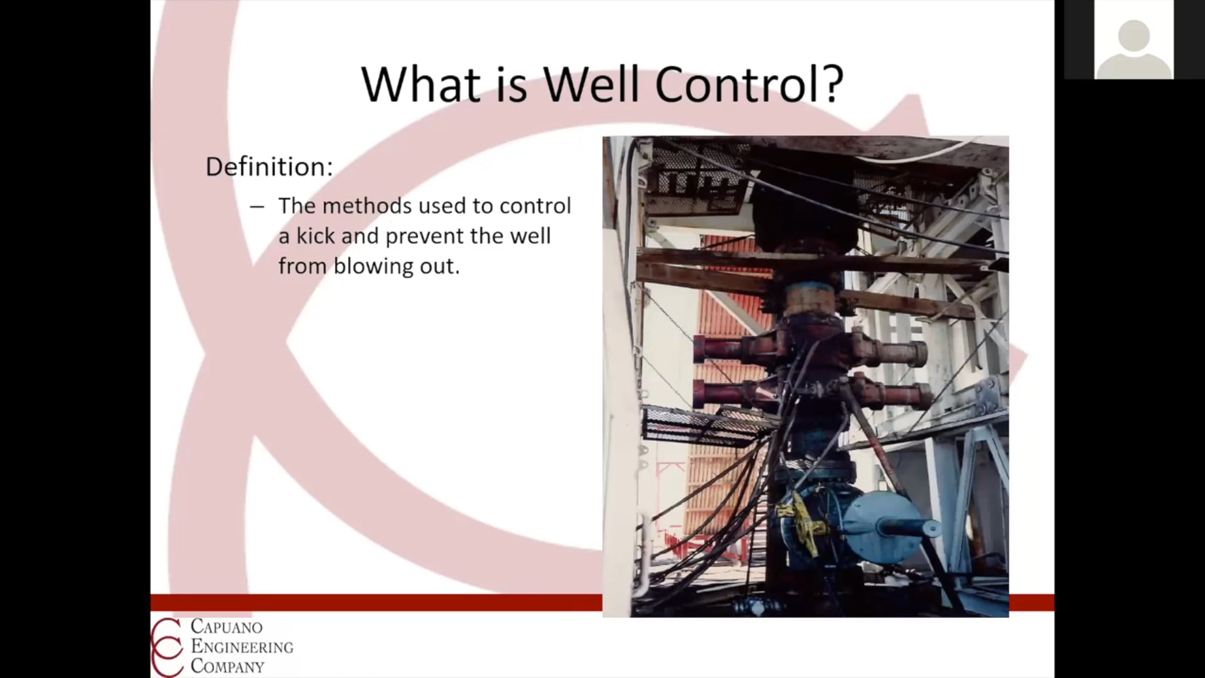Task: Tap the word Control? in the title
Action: (749, 84)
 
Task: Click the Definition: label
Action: (269, 167)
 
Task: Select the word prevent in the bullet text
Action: (424, 237)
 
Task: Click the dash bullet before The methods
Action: (257, 207)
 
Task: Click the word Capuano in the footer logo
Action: (227, 627)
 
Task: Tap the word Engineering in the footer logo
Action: (242, 647)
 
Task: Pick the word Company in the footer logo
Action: (228, 666)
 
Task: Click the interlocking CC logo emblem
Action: (167, 647)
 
